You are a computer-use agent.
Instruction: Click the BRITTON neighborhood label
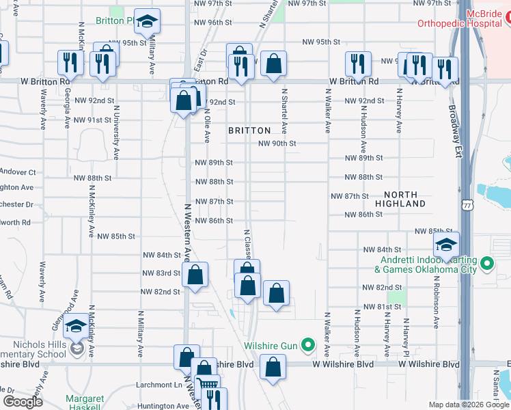249,130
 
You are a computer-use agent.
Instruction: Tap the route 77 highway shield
466,204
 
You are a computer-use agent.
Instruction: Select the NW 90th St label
277,143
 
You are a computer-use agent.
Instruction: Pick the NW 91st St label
92,120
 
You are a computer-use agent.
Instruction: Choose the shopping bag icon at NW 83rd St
195,275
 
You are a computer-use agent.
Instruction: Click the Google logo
23,402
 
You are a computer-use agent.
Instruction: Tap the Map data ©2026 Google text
468,405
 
